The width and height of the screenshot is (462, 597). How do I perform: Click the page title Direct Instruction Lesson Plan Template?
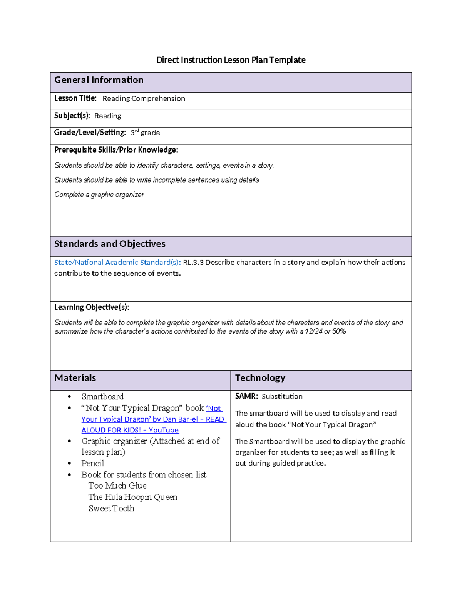coord(231,60)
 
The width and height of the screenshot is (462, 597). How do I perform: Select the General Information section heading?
coord(99,80)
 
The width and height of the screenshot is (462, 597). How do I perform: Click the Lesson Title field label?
coord(75,98)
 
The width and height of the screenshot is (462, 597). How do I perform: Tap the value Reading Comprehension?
coord(144,99)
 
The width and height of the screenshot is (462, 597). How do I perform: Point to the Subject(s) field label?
coord(72,116)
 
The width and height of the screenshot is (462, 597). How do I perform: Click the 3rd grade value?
coord(145,133)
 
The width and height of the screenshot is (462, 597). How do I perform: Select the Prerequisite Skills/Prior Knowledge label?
coord(116,150)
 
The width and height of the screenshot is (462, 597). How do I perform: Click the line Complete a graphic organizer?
coord(99,195)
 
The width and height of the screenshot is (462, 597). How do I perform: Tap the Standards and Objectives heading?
coord(110,244)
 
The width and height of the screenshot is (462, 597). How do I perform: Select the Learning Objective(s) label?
coord(92,307)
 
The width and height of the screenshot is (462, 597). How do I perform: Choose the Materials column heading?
coord(75,378)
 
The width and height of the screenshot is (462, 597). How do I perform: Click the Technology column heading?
coord(260,378)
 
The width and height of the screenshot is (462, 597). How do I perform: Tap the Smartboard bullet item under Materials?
coord(102,396)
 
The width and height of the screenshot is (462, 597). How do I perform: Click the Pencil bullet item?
coord(92,463)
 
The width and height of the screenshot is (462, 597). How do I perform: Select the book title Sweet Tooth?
coord(111,508)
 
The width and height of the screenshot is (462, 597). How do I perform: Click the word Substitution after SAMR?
coord(282,396)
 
